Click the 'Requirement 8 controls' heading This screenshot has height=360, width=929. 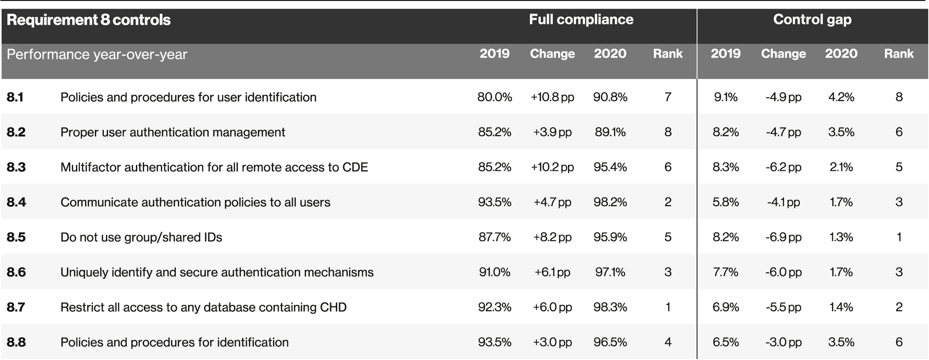tap(89, 20)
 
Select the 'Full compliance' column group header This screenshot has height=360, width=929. tap(581, 20)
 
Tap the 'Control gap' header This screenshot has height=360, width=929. tap(812, 20)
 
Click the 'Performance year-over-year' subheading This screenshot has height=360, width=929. tap(97, 55)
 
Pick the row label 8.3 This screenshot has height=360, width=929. tap(16, 167)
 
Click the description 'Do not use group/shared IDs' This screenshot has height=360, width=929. tap(141, 238)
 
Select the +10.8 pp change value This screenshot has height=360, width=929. tap(552, 97)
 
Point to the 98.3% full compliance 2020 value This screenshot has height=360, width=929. tap(610, 307)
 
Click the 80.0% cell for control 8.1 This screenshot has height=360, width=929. tap(494, 97)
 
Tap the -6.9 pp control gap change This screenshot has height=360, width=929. tap(783, 238)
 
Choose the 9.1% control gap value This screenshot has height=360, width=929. tap(725, 97)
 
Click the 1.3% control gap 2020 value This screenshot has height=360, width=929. tap(841, 238)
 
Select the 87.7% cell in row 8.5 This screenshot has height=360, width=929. tap(494, 238)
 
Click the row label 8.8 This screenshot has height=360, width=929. tap(16, 343)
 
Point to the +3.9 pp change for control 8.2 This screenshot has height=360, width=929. tap(552, 133)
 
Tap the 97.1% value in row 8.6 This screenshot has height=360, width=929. tap(610, 272)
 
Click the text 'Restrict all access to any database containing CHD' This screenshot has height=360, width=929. tap(203, 307)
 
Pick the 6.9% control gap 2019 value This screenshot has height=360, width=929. tap(725, 307)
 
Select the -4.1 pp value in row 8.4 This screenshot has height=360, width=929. tap(783, 202)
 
